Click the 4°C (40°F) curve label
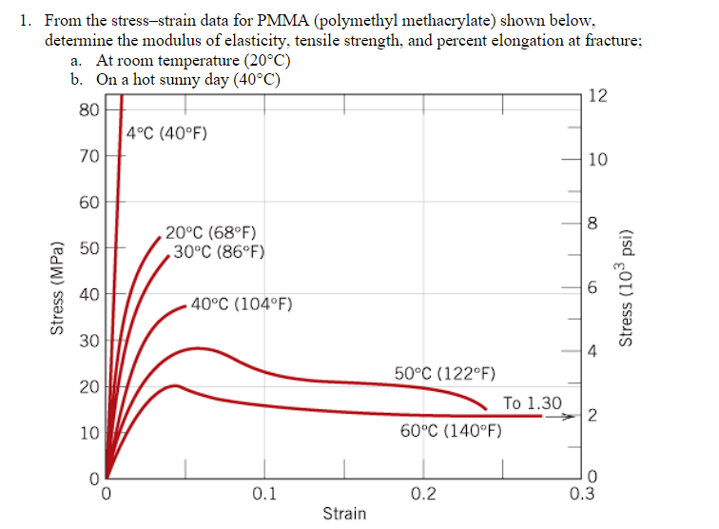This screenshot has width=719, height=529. pos(166,133)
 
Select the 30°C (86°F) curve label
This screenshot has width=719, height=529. pos(218,252)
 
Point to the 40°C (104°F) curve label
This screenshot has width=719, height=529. pos(241,304)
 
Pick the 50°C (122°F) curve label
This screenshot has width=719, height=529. pos(443,372)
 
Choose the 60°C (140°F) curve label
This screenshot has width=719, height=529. pos(451,431)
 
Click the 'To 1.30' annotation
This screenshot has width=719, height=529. pos(532,403)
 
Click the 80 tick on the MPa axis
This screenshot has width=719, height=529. pos(88,109)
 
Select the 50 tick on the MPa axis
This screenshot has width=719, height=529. pos(88,248)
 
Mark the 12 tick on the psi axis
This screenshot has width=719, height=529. pos(596,95)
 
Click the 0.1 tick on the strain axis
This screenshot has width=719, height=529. pos(264,494)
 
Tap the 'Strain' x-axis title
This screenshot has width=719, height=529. pos(344,514)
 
